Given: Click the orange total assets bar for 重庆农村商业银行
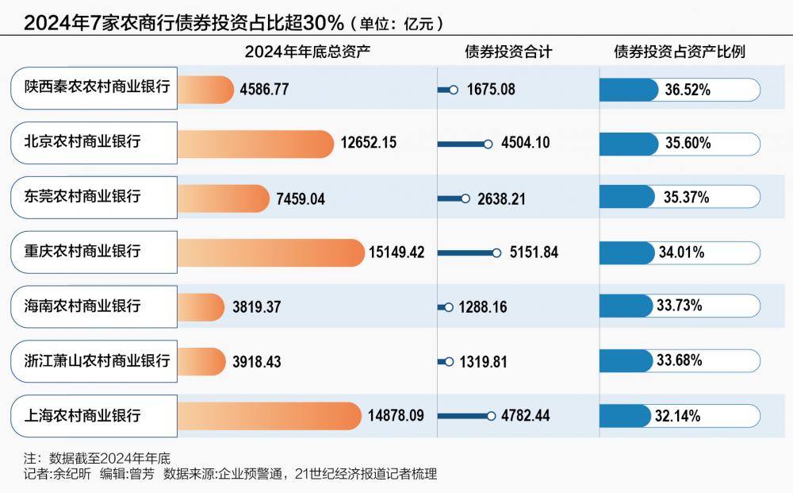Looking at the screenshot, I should [x=270, y=252].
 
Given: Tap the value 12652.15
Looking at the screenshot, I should [x=369, y=144].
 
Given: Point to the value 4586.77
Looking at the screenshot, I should [x=266, y=90].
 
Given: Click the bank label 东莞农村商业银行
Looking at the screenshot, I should [x=82, y=196].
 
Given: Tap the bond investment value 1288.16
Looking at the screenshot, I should [x=483, y=306].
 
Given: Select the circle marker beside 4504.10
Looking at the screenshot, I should [x=488, y=144].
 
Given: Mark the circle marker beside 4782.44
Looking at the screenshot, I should [x=495, y=415].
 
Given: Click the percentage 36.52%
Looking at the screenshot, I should [x=688, y=90].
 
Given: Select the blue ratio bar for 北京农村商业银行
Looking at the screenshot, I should [x=628, y=144].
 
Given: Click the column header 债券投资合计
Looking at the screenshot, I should [x=508, y=52].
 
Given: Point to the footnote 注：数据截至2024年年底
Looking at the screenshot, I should [x=97, y=458].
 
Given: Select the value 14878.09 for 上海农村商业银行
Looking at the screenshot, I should [x=396, y=415].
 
